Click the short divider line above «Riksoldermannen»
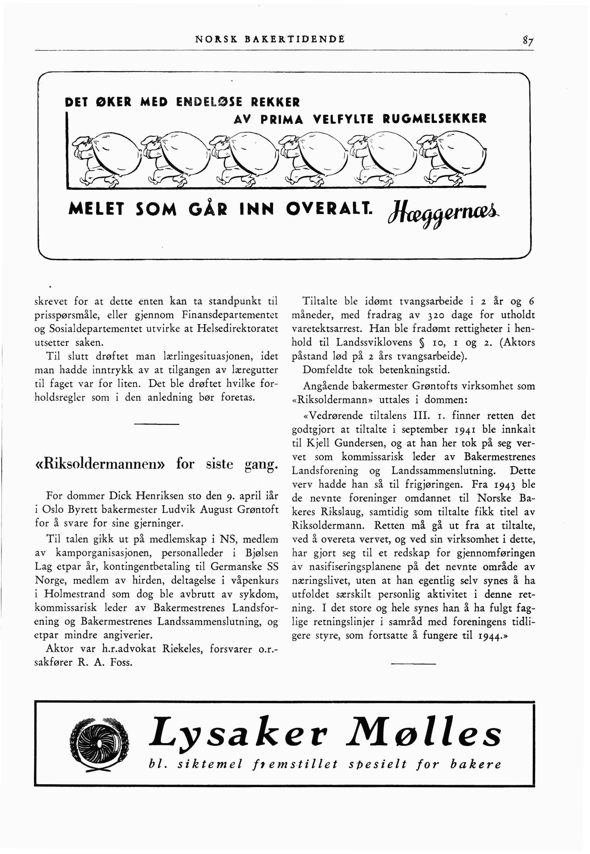coord(156,424)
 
